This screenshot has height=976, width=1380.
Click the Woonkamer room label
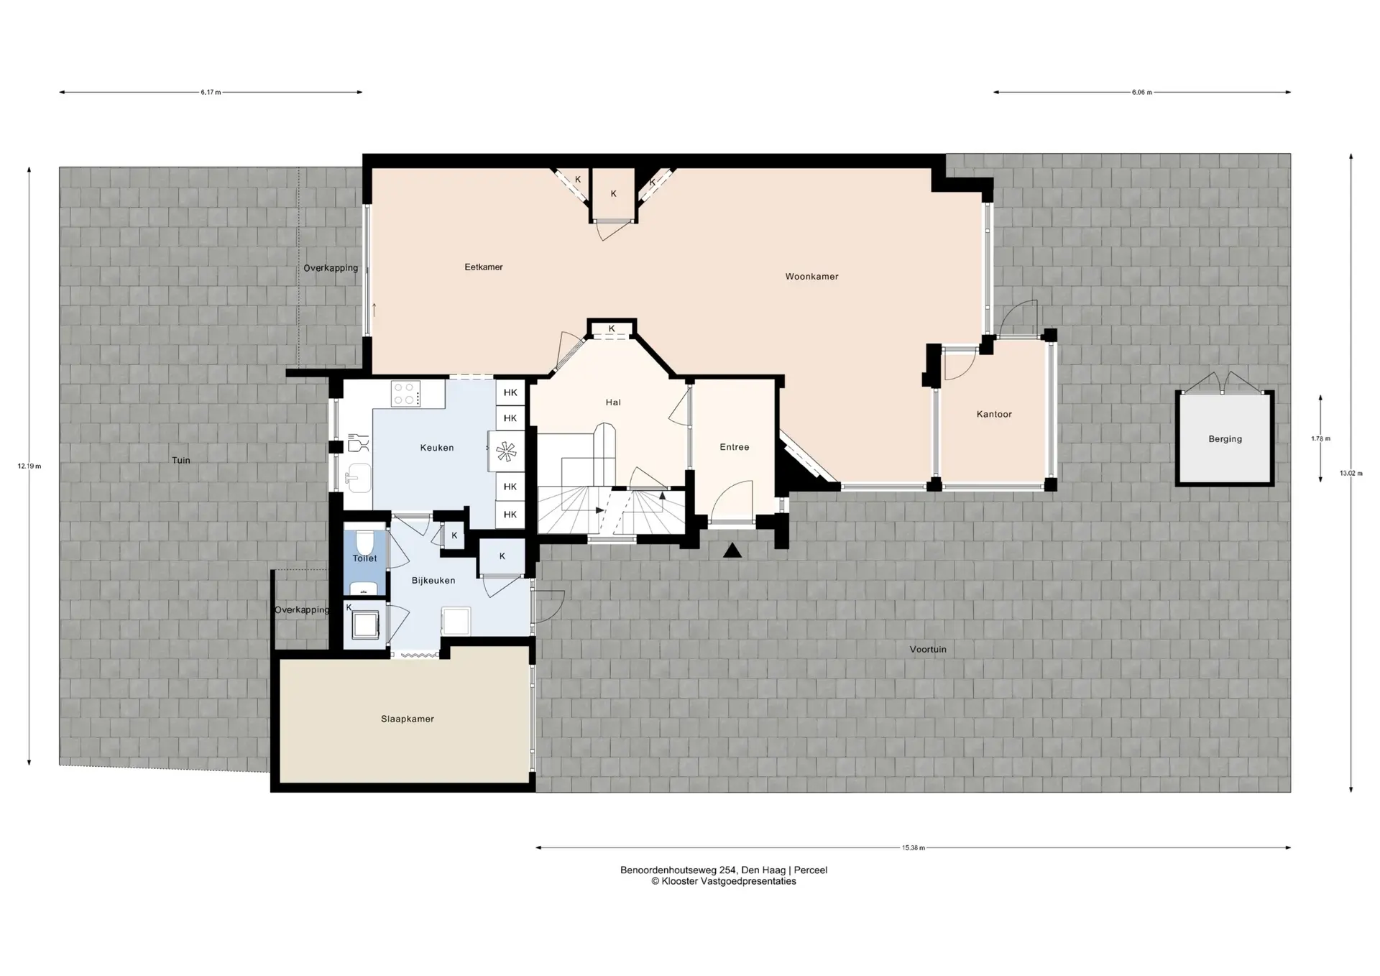(x=811, y=277)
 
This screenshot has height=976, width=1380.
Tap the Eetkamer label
(x=484, y=267)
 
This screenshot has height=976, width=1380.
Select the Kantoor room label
(x=994, y=415)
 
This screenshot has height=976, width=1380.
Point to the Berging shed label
(x=1225, y=439)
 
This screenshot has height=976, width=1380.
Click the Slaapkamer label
(x=408, y=719)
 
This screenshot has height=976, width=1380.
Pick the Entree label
(x=735, y=447)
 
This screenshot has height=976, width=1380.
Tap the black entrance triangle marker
(x=732, y=551)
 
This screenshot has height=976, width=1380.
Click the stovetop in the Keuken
(x=406, y=394)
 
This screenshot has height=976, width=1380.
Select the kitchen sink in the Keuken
(x=357, y=477)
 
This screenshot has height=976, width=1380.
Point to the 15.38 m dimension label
(x=914, y=848)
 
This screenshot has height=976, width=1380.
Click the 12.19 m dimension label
(x=29, y=466)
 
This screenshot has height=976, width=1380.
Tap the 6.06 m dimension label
(x=1142, y=92)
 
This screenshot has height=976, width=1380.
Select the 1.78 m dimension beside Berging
(x=1321, y=439)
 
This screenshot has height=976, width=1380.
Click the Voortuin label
(x=928, y=650)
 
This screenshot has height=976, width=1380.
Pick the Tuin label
(x=181, y=461)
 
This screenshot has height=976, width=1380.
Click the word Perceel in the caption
(x=811, y=870)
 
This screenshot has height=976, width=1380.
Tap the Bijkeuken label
(x=433, y=581)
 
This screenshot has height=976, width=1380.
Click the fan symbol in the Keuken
(x=506, y=451)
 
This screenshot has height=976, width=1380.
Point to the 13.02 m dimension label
(x=1351, y=474)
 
